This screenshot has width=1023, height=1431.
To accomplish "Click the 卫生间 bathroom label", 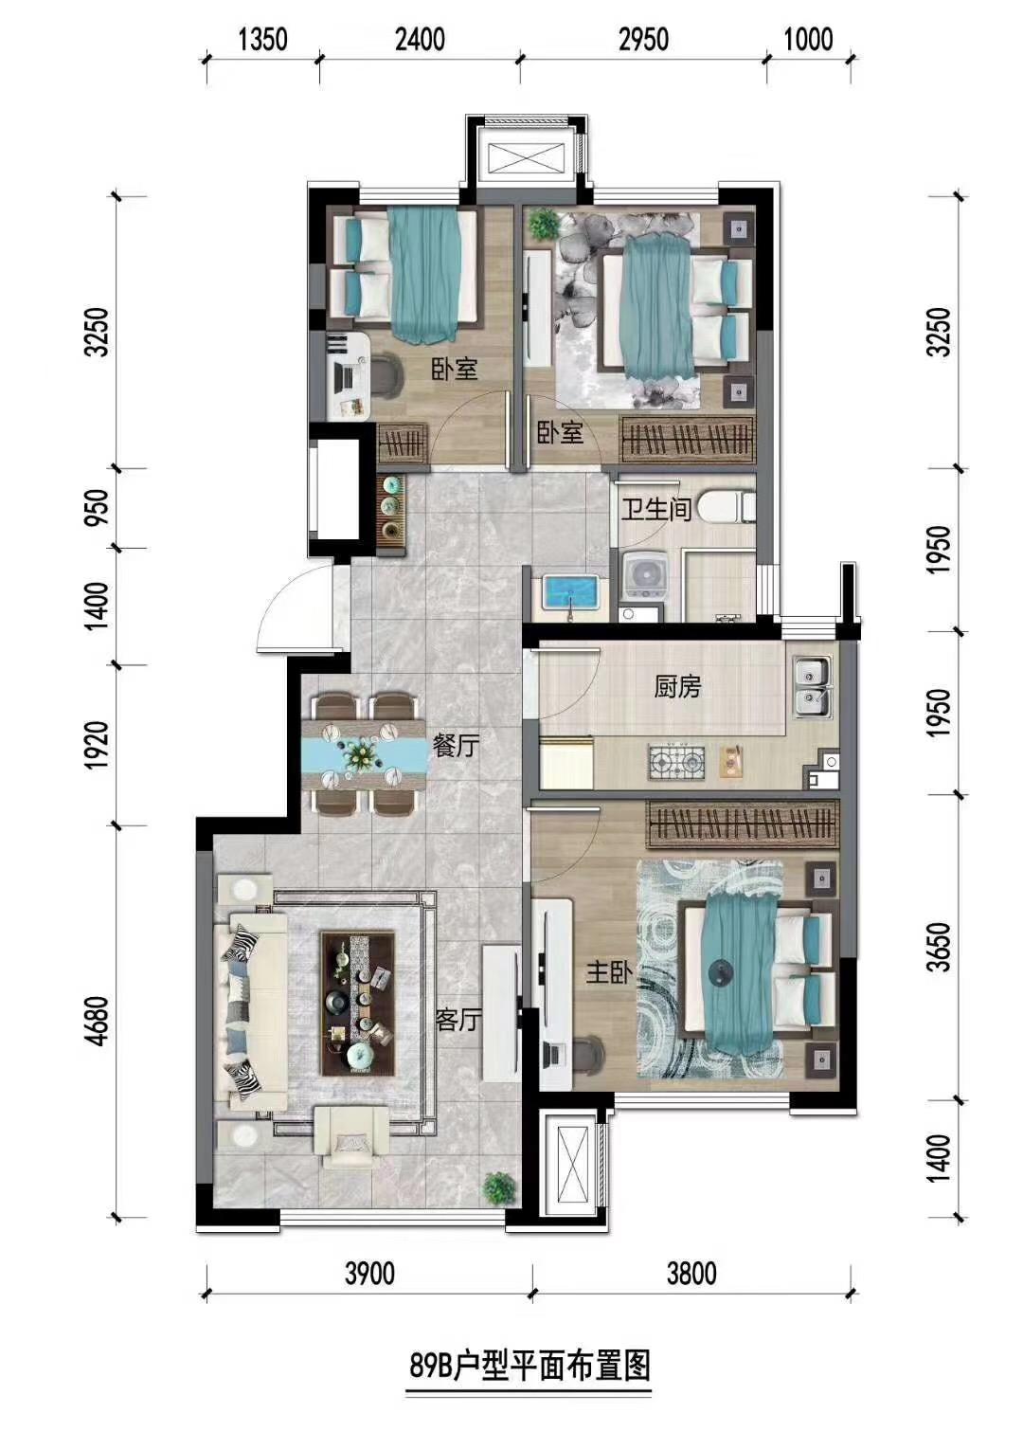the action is click(x=657, y=509).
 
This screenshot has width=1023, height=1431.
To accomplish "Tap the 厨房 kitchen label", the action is click(x=677, y=687).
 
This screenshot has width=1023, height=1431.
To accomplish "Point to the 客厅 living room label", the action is click(x=458, y=1021).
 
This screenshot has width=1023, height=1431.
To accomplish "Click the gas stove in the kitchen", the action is click(x=676, y=762).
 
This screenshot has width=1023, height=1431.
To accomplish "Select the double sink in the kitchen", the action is click(x=811, y=686).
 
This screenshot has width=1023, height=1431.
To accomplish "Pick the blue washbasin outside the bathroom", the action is click(x=570, y=591).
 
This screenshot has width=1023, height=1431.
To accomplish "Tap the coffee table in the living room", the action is click(x=357, y=1005).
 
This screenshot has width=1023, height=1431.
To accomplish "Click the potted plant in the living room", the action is click(x=499, y=1186).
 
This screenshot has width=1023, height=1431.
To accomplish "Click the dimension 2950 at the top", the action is click(x=643, y=40).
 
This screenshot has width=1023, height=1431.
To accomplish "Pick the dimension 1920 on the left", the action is click(x=100, y=746).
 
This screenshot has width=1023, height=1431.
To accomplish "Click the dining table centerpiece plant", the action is click(x=362, y=755).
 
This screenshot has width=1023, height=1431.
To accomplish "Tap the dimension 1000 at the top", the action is click(x=808, y=40).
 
